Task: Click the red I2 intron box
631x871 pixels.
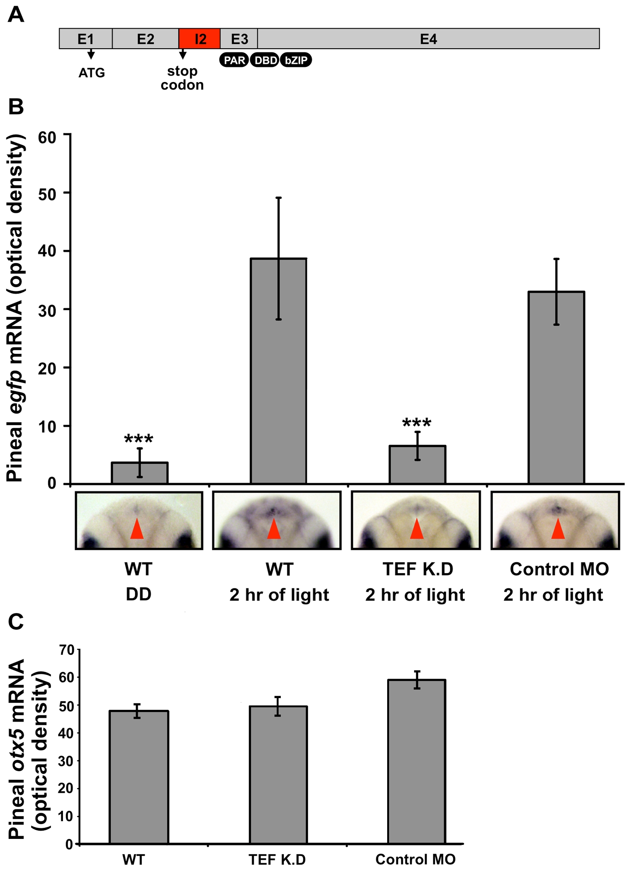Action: tap(199, 39)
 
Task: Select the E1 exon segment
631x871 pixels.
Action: tap(86, 39)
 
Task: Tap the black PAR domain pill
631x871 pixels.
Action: tap(234, 60)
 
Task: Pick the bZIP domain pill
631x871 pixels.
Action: tap(296, 60)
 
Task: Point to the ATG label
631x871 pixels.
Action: tap(92, 73)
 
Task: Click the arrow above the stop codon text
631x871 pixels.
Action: tap(183, 54)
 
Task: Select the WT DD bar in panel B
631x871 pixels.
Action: tap(139, 473)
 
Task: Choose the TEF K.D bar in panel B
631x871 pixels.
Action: tap(417, 465)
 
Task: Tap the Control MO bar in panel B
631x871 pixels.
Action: tap(556, 387)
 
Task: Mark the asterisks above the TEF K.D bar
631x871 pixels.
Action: tap(417, 422)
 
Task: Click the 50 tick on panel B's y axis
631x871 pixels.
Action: tap(47, 194)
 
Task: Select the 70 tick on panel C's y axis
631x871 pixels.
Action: tap(66, 650)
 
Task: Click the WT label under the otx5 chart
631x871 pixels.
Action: tap(133, 859)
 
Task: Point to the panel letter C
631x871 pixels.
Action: tap(16, 621)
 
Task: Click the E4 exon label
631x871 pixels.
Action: tap(428, 39)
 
